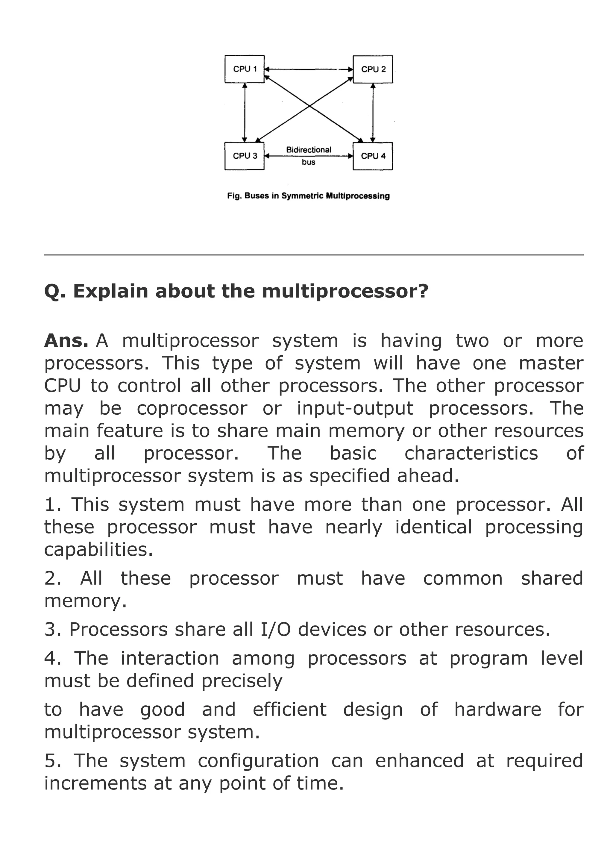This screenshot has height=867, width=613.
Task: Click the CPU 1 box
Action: pyautogui.click(x=244, y=69)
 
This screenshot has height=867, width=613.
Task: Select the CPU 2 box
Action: pyautogui.click(x=373, y=69)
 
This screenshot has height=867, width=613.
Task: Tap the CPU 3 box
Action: pyautogui.click(x=244, y=156)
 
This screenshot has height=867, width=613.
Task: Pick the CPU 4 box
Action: pyautogui.click(x=373, y=156)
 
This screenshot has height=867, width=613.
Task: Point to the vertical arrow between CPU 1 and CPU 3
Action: pyautogui.click(x=245, y=113)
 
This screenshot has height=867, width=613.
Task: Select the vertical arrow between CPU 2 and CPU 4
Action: pyautogui.click(x=373, y=113)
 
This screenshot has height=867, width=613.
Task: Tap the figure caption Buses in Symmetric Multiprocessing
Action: pyautogui.click(x=308, y=196)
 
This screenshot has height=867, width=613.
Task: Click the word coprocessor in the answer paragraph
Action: pyautogui.click(x=192, y=409)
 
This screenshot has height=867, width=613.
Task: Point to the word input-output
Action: pyautogui.click(x=355, y=409)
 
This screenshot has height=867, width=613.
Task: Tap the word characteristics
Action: pyautogui.click(x=471, y=454)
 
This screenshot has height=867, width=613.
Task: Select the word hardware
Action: pyautogui.click(x=497, y=710)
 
